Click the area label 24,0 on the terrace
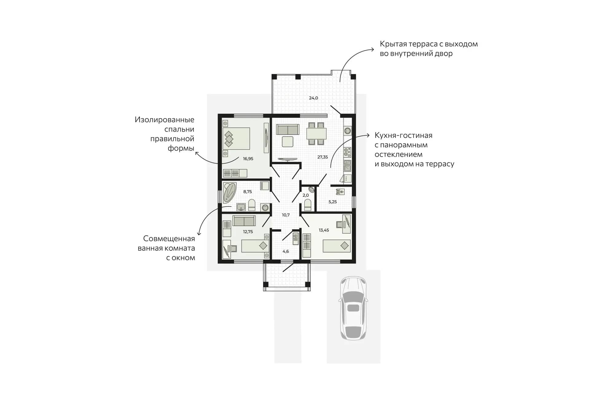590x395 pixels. point(313,98)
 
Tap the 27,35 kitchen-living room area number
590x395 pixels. point(322,157)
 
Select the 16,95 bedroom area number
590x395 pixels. point(248,159)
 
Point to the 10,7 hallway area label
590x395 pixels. point(286,215)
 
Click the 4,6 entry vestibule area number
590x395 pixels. point(286,251)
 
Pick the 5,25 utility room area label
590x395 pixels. point(332,202)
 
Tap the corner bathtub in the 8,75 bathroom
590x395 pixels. point(229,193)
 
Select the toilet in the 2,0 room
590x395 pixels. point(307,205)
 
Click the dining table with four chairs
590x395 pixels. point(316,134)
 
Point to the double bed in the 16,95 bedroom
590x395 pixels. point(236,139)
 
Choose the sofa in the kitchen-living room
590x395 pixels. point(288,130)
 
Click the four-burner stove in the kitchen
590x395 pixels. point(347,152)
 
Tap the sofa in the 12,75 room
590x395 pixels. point(244,221)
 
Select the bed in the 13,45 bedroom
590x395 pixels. point(337,246)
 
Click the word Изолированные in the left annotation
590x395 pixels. point(164,120)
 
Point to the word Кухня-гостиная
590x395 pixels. point(403,135)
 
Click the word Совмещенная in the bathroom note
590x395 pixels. point(169,239)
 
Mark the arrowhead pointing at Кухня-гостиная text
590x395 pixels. point(368,135)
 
